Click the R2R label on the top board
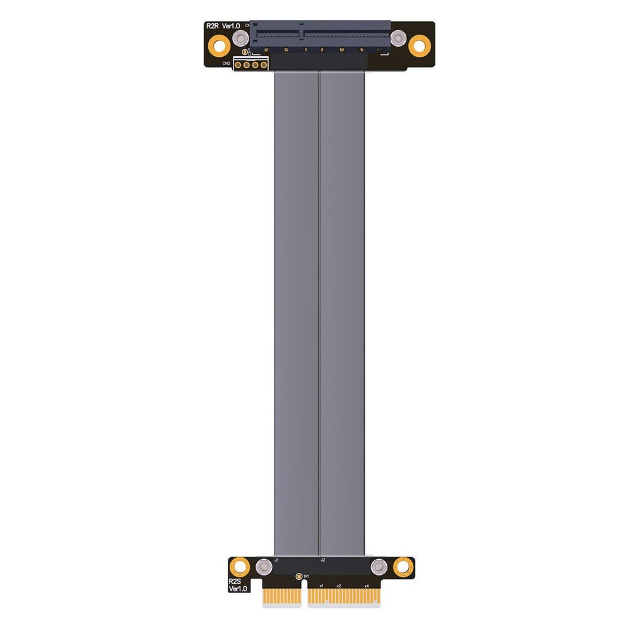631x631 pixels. (213, 26)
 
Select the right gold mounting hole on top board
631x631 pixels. (419, 45)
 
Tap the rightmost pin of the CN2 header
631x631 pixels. (264, 64)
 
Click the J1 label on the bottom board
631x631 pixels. (277, 560)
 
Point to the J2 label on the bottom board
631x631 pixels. (322, 560)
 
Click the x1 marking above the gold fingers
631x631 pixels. (321, 586)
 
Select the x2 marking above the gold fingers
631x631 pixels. (339, 586)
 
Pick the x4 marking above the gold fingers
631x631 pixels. (367, 586)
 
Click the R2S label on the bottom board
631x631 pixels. (235, 581)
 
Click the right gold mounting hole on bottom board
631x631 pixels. (402, 567)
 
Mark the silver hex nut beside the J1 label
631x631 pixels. (265, 568)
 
